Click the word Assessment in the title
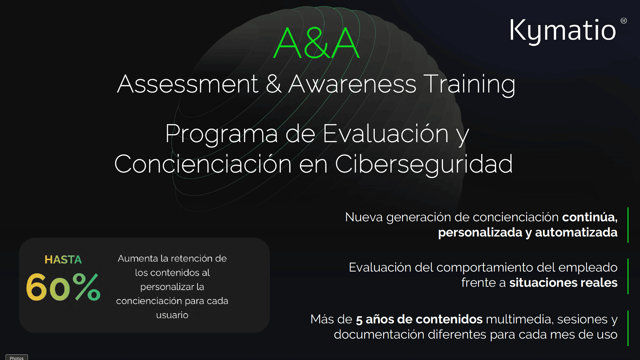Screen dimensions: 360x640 pos(187,84)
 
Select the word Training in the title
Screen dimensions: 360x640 pos(469,84)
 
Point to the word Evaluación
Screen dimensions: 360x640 pos(385,134)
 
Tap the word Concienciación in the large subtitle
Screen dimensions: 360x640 pos(203,164)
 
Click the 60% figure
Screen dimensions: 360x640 pos(63,287)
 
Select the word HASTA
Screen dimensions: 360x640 pos(63,259)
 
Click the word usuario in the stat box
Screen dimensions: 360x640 pos(172,315)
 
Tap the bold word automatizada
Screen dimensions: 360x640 pos(576,232)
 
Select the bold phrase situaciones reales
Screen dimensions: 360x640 pos(563,283)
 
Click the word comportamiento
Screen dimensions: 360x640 pos(485,268)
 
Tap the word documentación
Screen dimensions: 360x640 pos(379,335)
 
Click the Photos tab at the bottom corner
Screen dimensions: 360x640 pos(16,358)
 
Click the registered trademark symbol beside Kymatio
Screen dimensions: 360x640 pos(624,21)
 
